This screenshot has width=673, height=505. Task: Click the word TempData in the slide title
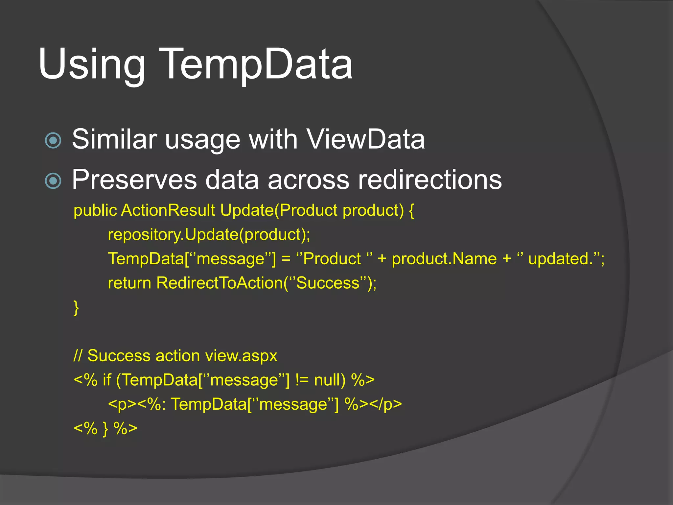coord(257,64)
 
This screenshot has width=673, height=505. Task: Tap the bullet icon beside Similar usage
coord(53,140)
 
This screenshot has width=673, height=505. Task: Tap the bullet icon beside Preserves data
coord(53,181)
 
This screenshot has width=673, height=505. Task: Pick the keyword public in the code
coord(95,210)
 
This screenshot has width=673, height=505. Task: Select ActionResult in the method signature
coord(168,210)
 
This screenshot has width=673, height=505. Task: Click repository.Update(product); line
coord(209,235)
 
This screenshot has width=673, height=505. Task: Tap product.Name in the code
coord(444,259)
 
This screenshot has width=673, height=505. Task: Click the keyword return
coord(129,283)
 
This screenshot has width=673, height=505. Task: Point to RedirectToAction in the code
coord(219,283)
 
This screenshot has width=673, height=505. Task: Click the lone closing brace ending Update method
coord(76,308)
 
